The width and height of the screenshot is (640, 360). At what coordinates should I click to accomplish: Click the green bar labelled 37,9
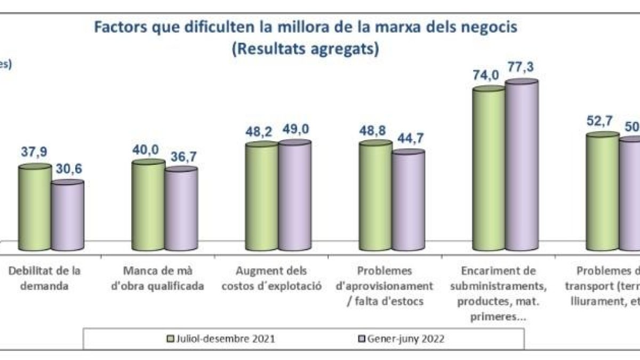tap(35, 208)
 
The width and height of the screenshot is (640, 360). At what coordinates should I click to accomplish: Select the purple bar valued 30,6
tap(68, 216)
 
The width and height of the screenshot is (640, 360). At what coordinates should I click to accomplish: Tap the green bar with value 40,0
tap(148, 205)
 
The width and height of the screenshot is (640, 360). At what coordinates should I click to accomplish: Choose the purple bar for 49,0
tap(294, 195)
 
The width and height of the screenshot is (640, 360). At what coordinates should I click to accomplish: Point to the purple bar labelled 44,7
tap(408, 201)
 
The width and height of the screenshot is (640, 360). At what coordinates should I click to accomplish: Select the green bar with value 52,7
tap(603, 192)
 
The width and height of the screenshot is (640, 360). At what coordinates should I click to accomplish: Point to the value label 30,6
tap(68, 169)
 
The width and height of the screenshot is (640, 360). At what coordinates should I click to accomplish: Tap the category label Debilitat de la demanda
tap(44, 278)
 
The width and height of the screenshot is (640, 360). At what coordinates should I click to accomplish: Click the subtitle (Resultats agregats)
tap(306, 49)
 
